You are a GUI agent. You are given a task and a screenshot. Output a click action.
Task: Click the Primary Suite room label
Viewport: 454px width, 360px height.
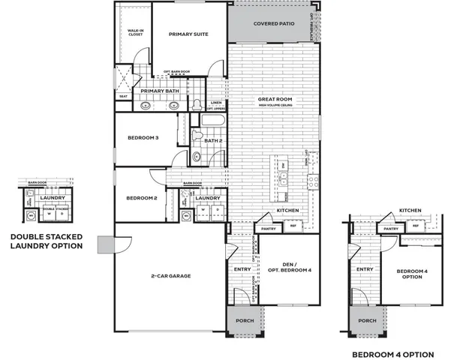point(188,34)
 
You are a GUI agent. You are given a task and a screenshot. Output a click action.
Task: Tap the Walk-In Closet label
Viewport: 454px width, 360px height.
point(136,32)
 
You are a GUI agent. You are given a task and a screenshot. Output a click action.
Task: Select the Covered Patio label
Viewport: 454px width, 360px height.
point(273,24)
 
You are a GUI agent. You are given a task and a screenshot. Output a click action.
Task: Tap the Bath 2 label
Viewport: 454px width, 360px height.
point(213,140)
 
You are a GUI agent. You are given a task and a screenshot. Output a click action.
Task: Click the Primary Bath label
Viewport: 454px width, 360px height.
point(159,91)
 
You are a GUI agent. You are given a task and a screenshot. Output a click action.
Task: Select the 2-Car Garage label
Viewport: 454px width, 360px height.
point(170,276)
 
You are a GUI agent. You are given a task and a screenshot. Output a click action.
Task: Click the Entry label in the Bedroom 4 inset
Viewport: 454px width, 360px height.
point(365,269)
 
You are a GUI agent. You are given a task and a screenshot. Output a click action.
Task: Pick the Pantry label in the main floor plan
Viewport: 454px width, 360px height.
point(267,228)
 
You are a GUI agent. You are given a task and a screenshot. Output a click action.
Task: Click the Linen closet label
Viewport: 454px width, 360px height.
point(216,103)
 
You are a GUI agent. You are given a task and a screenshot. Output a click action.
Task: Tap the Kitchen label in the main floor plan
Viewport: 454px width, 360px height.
point(288,211)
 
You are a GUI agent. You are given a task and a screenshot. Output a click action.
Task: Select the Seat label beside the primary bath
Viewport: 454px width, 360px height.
point(123,96)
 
